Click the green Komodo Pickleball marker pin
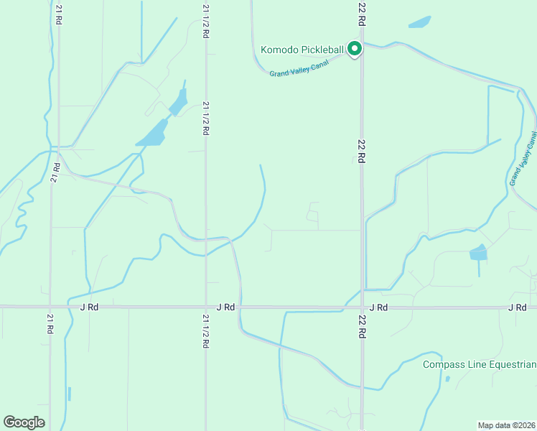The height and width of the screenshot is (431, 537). (x=354, y=49)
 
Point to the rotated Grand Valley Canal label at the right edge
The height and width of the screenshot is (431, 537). (x=523, y=158)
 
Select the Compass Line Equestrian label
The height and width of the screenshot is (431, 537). (x=479, y=364)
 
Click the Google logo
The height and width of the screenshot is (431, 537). (x=24, y=422)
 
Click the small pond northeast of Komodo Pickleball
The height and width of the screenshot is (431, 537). (x=420, y=22)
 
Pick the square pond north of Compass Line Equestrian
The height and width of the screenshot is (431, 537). (x=477, y=253)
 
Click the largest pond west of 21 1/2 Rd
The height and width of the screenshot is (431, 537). (x=152, y=134)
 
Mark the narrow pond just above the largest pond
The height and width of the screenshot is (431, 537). (x=179, y=102)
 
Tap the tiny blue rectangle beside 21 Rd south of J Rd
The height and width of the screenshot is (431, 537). (x=70, y=394)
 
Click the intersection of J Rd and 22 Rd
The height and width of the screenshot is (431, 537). (x=362, y=307)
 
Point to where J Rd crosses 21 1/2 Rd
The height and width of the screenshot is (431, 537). (x=206, y=307)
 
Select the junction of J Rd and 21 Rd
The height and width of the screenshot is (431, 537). (x=50, y=307)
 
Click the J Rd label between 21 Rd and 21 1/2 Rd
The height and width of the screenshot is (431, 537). (x=89, y=307)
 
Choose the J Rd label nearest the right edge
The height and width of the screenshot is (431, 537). (x=517, y=307)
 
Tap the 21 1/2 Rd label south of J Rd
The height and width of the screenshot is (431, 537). (x=206, y=331)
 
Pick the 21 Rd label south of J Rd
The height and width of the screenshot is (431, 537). (x=50, y=323)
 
